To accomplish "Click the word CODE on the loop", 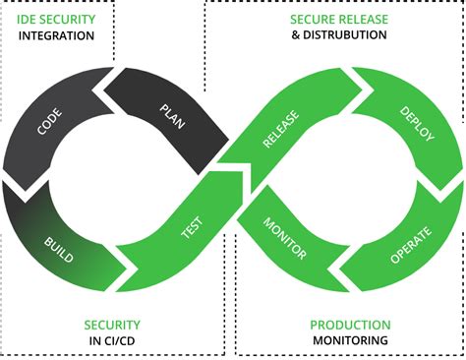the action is point(49,122).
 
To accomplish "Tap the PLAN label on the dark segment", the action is point(172,116).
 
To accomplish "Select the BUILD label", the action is point(59,250).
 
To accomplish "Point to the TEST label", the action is point(193,227).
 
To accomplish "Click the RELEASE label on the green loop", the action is point(281,129).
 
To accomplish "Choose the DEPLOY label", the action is point(417,124).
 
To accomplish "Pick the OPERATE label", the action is point(411,245).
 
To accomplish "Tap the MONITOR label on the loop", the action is point(285,238).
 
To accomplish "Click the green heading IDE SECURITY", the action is point(56,20).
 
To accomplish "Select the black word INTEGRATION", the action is point(56,35).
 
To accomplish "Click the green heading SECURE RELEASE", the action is point(339,20).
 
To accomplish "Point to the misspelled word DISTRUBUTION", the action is point(344,35).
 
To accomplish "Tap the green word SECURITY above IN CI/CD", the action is point(112,325).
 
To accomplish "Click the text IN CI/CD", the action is point(112,341).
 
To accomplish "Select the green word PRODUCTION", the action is point(350,325).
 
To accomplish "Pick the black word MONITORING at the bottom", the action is point(350,340).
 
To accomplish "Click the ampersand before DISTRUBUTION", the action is point(296,35).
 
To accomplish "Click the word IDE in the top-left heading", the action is point(26,20).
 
